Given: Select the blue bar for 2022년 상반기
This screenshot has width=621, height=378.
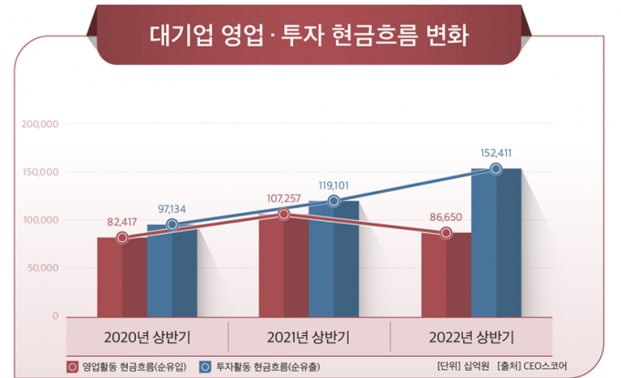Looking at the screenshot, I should (496, 242).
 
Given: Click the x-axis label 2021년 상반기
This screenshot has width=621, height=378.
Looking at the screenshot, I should (309, 335).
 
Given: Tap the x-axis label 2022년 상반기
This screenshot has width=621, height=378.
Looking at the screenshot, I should (470, 335).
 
